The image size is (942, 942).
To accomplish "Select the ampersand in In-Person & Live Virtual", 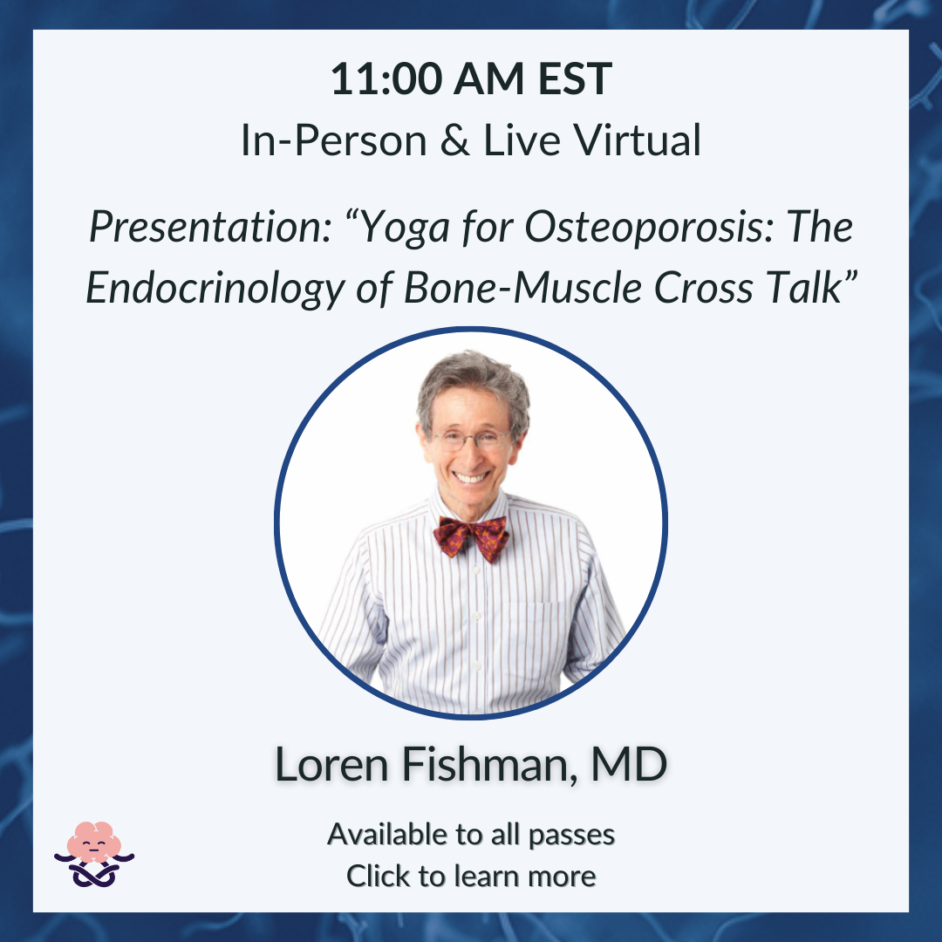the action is click(x=454, y=140).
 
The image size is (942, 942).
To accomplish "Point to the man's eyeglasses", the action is click(x=472, y=440).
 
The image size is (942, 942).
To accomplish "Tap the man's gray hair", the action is click(x=474, y=386).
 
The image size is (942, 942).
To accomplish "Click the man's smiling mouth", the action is click(x=470, y=478).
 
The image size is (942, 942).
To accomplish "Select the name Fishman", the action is click(x=486, y=765).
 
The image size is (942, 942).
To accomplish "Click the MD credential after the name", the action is click(x=629, y=764).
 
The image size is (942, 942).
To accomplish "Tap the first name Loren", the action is click(x=331, y=765).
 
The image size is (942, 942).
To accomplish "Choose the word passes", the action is click(x=571, y=836).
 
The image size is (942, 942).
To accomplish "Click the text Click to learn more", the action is click(x=471, y=876).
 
